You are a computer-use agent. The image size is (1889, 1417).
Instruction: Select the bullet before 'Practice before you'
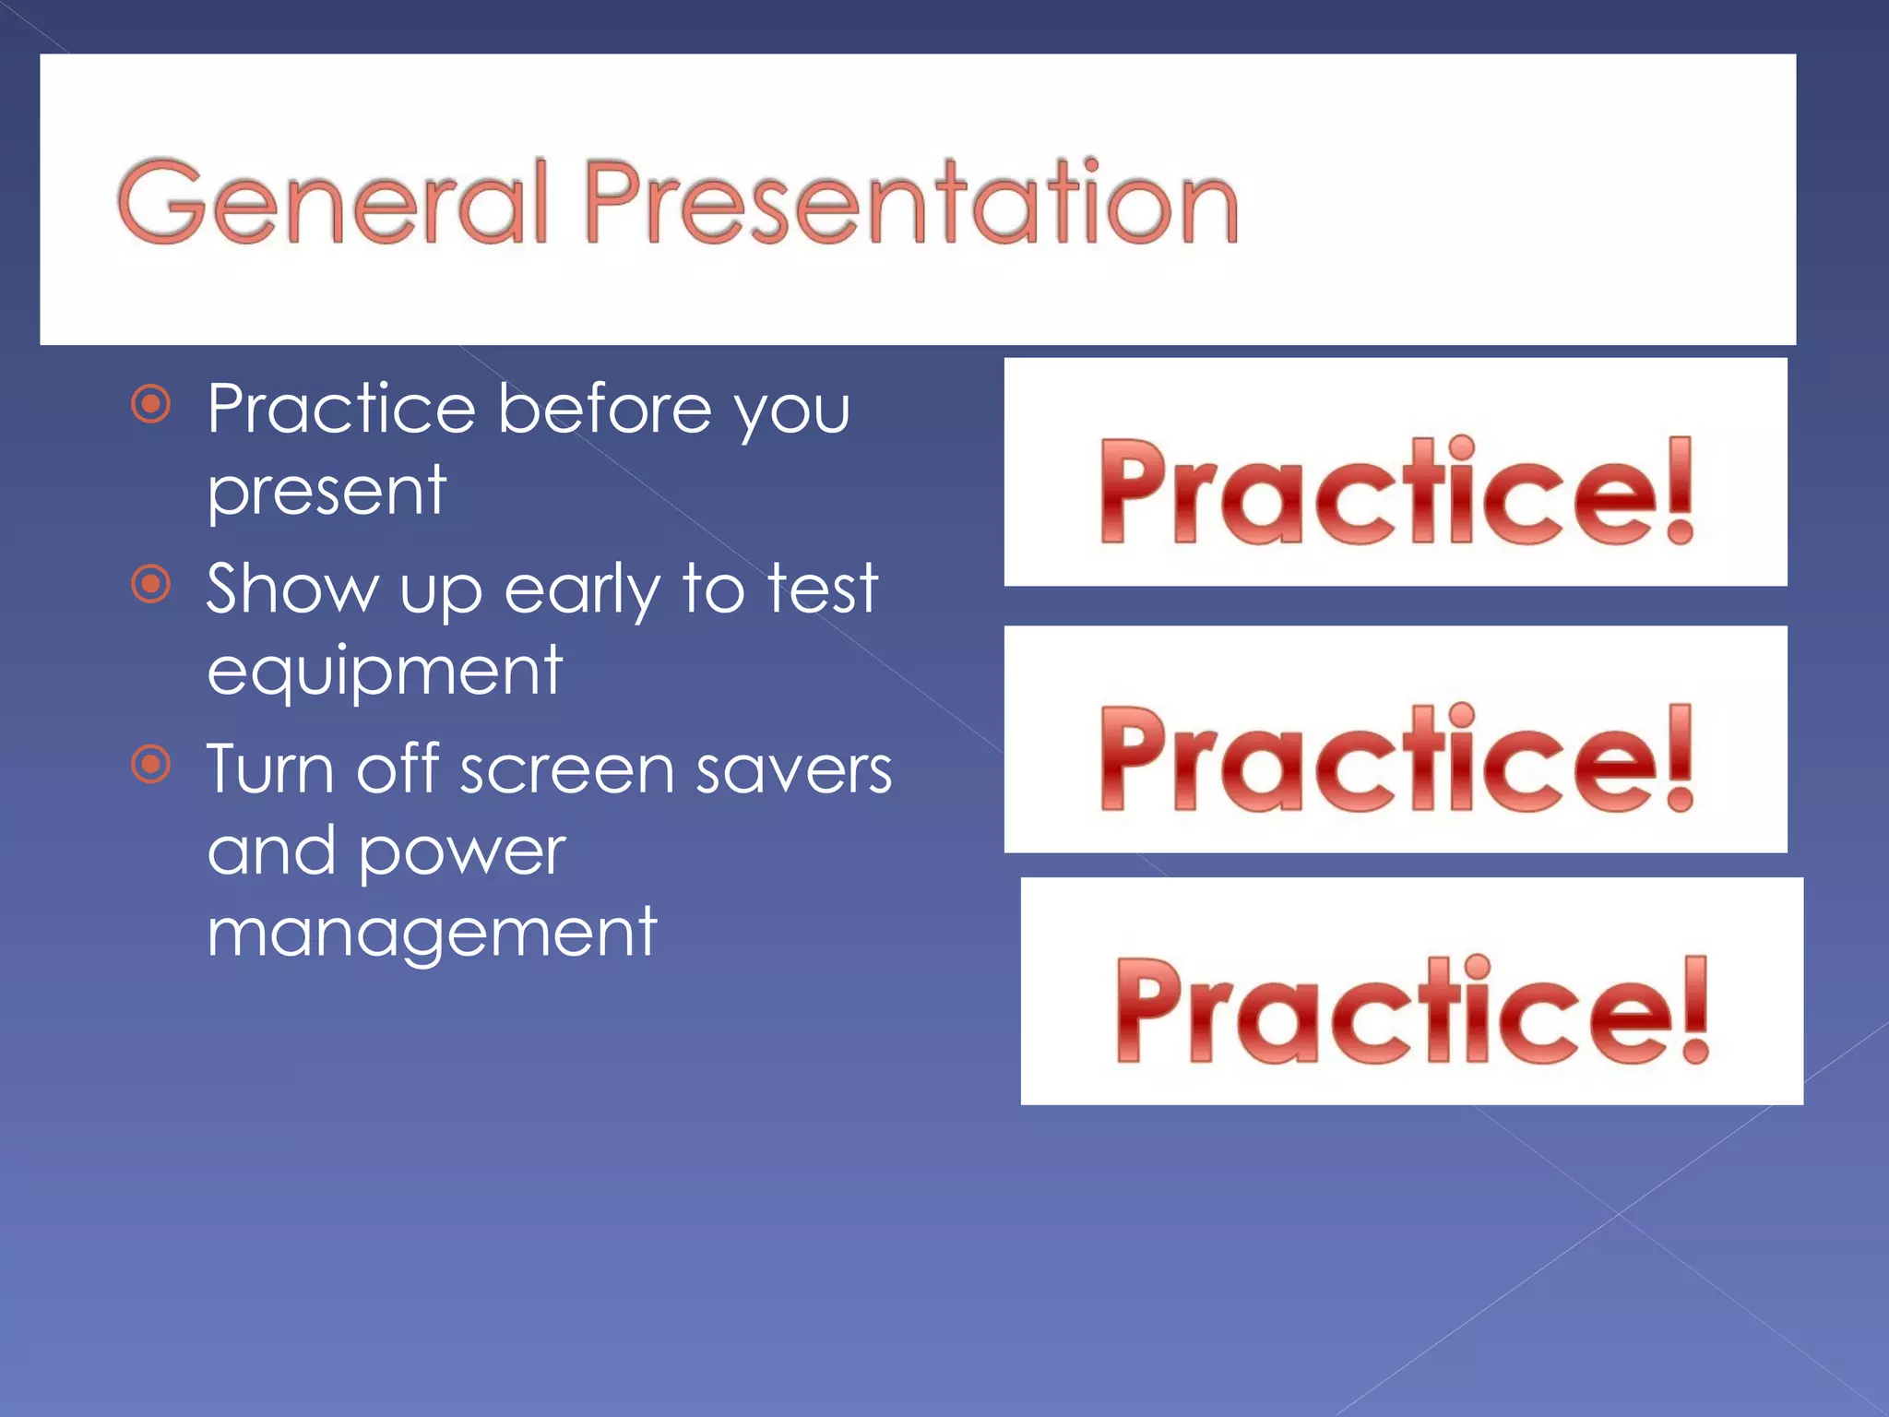(x=151, y=404)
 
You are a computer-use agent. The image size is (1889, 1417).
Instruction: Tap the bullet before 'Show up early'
(x=151, y=584)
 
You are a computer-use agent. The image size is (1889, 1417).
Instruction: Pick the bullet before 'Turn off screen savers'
(x=151, y=764)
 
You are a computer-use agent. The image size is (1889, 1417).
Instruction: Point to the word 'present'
(x=327, y=493)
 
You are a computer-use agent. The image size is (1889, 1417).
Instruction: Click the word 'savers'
(x=793, y=770)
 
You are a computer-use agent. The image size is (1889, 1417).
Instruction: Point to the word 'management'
(x=432, y=935)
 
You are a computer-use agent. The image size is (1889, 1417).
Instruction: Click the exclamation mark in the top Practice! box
(x=1681, y=490)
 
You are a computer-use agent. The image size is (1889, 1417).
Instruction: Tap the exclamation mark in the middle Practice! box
(x=1681, y=757)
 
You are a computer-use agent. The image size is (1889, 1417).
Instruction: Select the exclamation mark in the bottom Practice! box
(x=1695, y=1009)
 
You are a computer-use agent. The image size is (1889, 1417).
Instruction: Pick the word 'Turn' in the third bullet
(x=269, y=770)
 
